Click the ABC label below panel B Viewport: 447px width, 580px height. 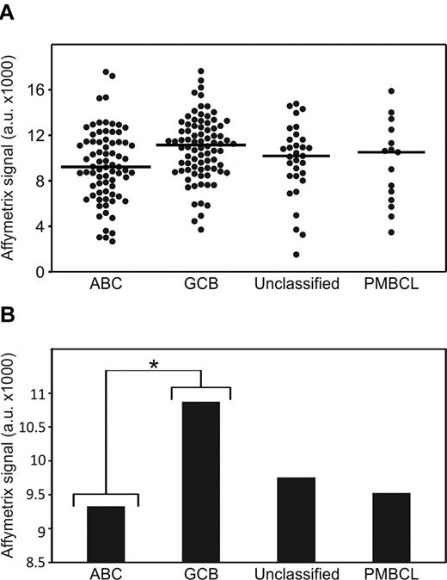pyautogui.click(x=106, y=573)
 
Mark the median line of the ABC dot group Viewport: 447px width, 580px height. pyautogui.click(x=106, y=167)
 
